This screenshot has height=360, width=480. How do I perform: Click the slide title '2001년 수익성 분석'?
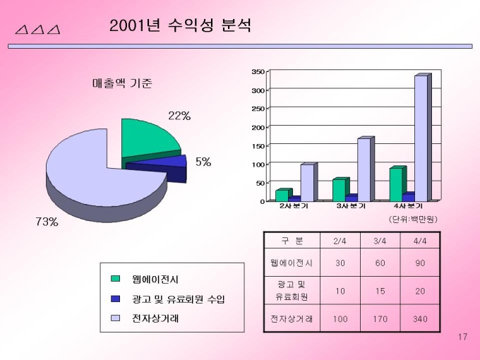pos(181,27)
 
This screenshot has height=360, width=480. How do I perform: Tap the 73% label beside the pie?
pos(47,222)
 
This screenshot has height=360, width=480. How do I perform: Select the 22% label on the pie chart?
pos(179,116)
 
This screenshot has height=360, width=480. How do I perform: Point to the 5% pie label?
pos(203,162)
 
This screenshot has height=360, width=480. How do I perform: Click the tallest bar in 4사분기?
pos(421,138)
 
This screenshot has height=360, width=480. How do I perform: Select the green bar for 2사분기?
pos(282,195)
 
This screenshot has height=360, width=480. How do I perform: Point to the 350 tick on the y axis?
pos(258,72)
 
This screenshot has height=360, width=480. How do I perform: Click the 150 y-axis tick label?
pos(258,146)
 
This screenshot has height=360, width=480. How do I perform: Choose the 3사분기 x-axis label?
pos(351,206)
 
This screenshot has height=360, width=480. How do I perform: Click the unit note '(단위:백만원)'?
pos(413,219)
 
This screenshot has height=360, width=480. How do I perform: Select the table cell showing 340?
pos(420,319)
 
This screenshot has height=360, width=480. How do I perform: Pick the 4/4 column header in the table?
pos(420,241)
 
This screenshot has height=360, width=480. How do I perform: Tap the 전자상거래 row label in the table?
pos(292,319)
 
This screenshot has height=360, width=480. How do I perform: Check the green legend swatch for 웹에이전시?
pos(116,279)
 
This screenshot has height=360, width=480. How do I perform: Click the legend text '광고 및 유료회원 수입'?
pos(179,299)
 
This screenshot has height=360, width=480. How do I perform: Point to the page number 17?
pos(463,337)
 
